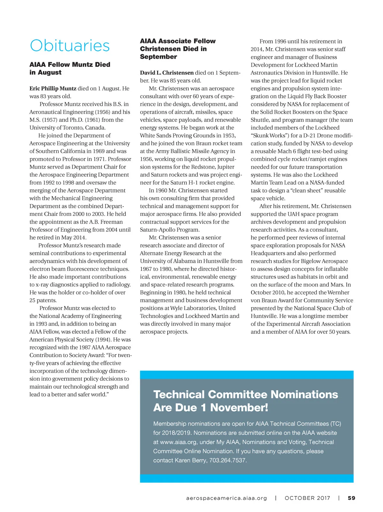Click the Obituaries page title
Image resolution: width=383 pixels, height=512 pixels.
click(x=70, y=46)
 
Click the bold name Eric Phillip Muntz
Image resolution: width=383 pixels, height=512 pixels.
click(x=53, y=89)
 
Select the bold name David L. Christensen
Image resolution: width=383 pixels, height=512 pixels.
click(x=167, y=73)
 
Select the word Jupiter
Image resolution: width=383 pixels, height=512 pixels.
click(x=226, y=167)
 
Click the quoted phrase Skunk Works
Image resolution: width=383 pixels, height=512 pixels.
click(x=268, y=136)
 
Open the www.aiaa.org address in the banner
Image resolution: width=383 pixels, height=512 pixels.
click(x=178, y=442)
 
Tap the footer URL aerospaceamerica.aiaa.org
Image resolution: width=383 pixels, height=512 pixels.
click(x=226, y=498)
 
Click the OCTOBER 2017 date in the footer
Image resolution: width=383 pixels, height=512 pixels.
click(x=307, y=498)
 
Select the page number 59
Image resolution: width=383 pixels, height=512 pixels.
click(x=351, y=498)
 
